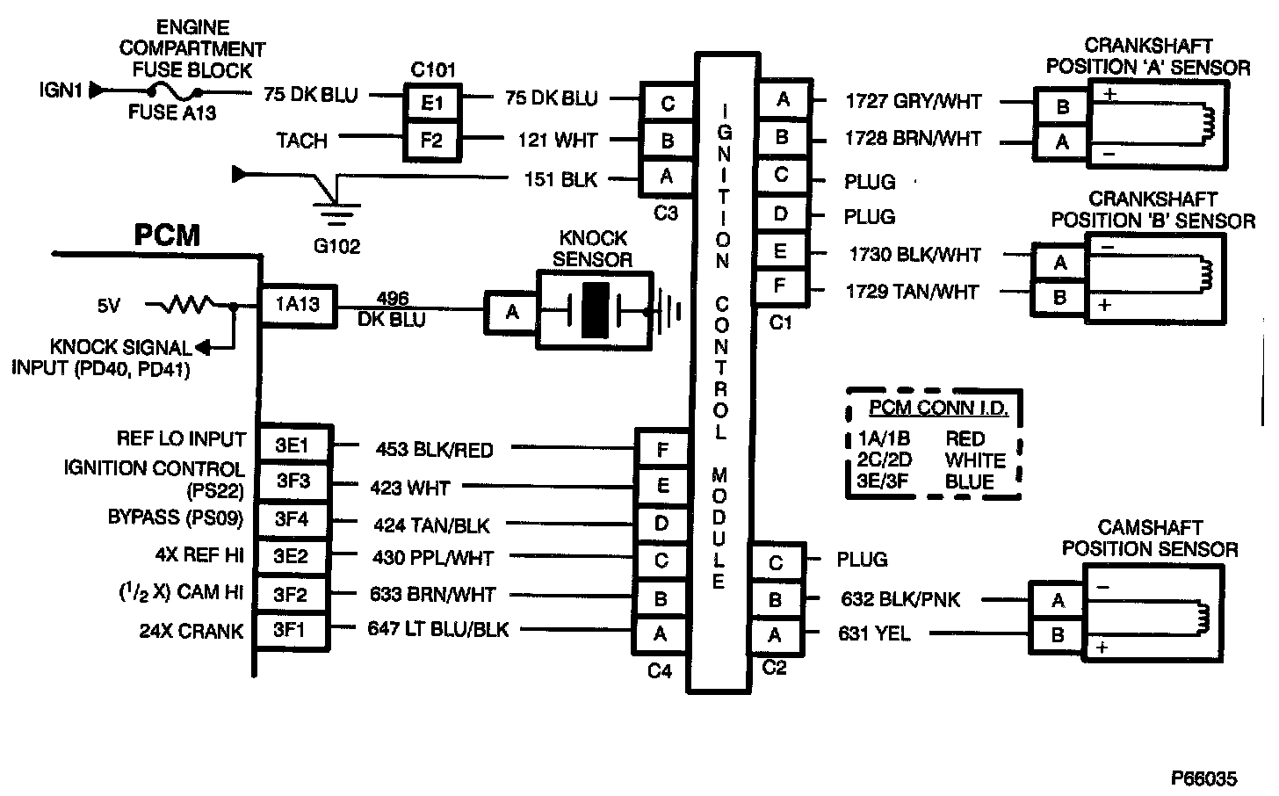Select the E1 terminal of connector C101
432,103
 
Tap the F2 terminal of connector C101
432,140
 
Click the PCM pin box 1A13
297,307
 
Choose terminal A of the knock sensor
510,312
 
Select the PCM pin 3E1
292,444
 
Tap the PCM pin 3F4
292,518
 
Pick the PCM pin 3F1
292,630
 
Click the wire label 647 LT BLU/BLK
438,629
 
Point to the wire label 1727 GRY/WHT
913,101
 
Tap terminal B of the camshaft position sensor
1058,634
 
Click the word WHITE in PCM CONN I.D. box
975,460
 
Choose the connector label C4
659,671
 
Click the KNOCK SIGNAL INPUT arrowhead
201,347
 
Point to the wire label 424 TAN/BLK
431,525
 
